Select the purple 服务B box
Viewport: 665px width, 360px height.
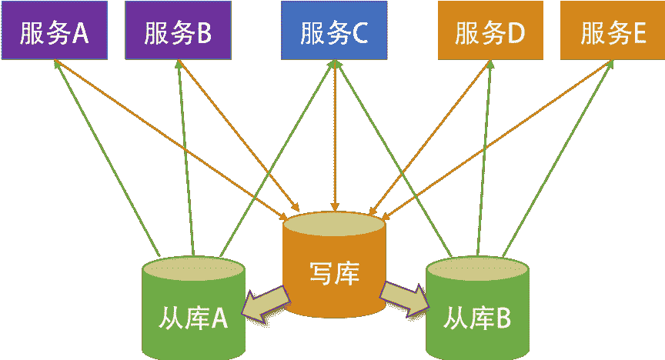coord(177,31)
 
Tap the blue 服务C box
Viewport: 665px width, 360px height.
coord(334,31)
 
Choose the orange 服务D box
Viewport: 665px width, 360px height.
coord(490,31)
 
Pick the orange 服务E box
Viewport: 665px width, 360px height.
coord(613,31)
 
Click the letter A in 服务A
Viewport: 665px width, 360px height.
coord(80,32)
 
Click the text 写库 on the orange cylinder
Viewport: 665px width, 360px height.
coord(334,273)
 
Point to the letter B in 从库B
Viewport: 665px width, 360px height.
coord(503,318)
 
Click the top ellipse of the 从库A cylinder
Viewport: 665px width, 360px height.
coord(193,269)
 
